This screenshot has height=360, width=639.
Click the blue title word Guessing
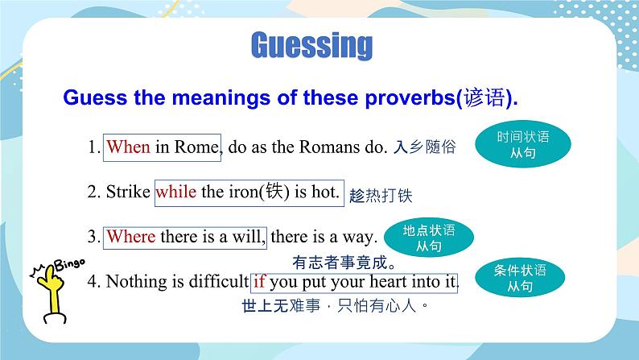coord(311,46)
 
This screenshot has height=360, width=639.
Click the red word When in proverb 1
coord(129,147)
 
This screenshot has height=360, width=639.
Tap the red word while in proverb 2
coord(176,191)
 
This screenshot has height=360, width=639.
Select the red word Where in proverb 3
coord(131,237)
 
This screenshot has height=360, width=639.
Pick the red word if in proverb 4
coord(259,281)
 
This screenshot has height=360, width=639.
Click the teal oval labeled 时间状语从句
coord(523,144)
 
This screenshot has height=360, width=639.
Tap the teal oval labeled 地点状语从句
coord(429,238)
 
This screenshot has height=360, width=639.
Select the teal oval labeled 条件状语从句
coord(520,278)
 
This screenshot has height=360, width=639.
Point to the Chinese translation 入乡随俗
coord(424,147)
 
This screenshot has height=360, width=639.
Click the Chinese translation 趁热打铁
coord(381,196)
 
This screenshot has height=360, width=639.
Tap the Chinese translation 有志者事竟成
coord(344,263)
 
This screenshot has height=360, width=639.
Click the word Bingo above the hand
coord(70,264)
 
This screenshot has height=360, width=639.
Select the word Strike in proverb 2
coord(128,191)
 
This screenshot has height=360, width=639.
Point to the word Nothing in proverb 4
coord(137,282)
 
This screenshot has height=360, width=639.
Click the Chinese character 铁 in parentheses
coord(274,191)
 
